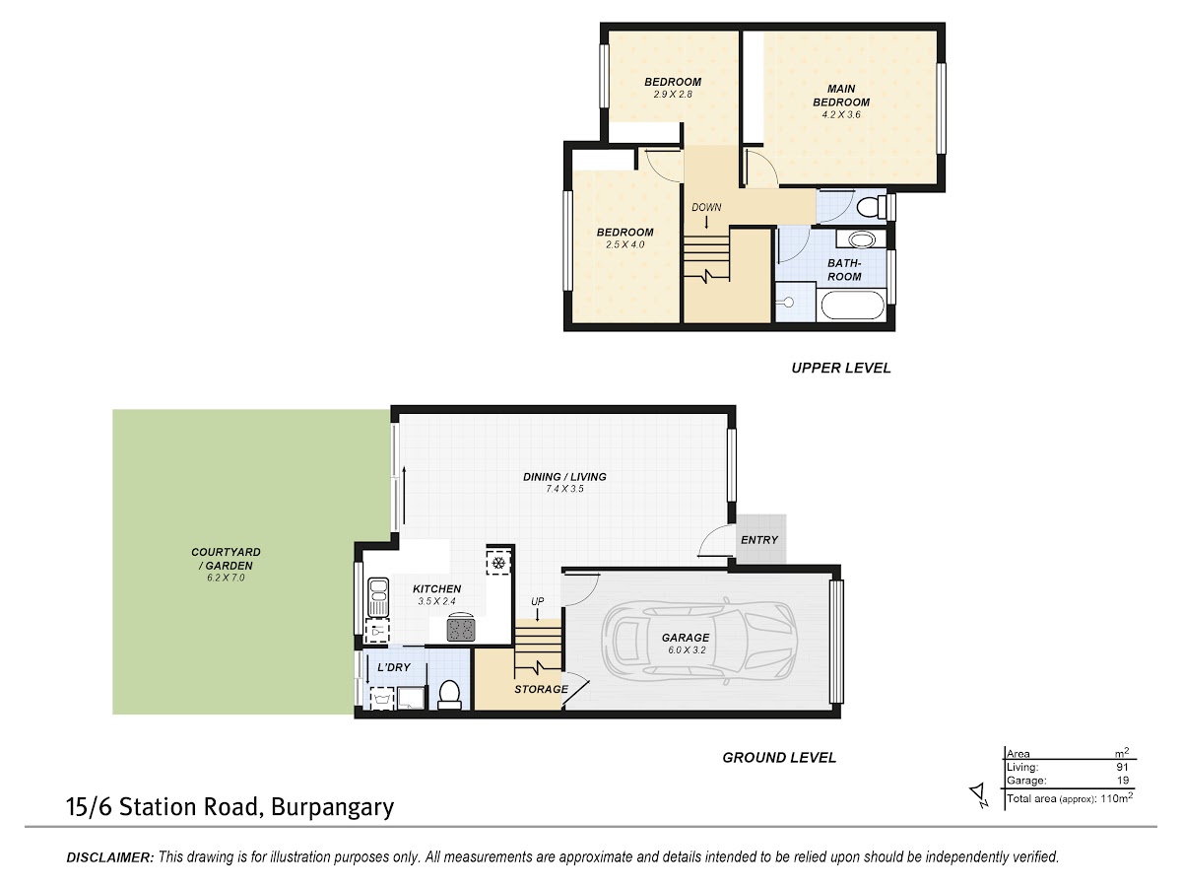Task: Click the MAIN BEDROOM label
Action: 841,96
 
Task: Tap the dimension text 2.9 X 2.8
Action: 673,95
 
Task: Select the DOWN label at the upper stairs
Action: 706,207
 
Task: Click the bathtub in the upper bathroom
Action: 853,306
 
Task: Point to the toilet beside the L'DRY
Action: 449,694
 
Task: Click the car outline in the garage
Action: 699,640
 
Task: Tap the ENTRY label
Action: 759,540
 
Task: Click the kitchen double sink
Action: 378,597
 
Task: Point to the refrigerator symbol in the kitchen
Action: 498,563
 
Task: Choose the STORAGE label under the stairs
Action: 541,689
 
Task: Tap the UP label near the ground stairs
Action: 538,601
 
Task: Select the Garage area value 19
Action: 1123,780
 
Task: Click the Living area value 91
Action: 1123,767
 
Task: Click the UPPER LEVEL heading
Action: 841,368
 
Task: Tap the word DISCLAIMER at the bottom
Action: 110,856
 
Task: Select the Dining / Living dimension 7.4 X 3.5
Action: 564,489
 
